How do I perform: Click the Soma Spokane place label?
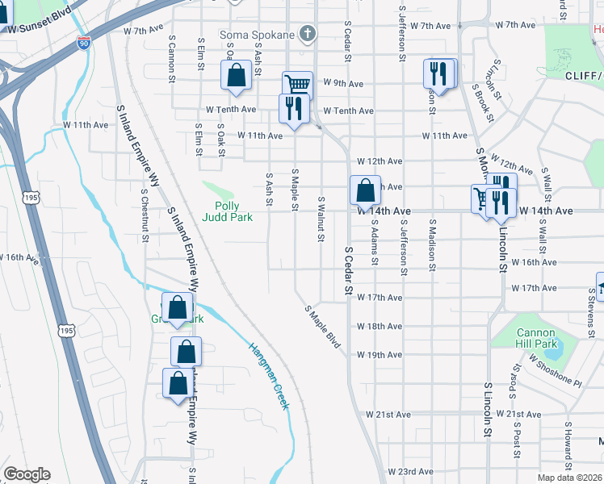pos(257,35)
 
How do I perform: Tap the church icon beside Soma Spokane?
pos(306,34)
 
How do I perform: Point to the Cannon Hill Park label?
pos(536,338)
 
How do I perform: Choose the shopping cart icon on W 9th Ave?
pos(297,85)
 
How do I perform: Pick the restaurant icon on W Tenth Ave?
pos(293,109)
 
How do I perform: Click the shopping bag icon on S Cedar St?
pos(365,192)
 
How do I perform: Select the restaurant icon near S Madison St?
pos(438,73)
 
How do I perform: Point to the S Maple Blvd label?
pos(323,326)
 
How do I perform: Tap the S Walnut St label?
pos(321,219)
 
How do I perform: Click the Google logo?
pos(27,474)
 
